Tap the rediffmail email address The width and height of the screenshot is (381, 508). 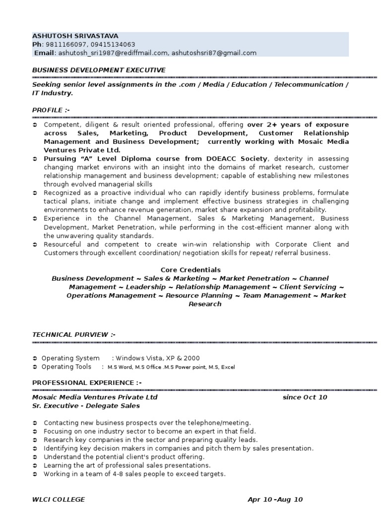point(113,53)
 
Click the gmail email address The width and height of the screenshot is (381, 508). point(214,53)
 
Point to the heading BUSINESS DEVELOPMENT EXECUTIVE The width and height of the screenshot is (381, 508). point(99,70)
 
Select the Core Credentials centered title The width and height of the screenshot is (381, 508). point(190,270)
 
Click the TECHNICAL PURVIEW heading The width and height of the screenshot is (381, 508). point(74,335)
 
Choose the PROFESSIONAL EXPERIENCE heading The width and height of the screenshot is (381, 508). point(87,382)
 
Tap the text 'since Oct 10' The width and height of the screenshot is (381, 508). point(305,397)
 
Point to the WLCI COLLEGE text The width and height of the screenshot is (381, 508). point(59,500)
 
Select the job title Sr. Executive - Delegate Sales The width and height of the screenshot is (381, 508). point(86,406)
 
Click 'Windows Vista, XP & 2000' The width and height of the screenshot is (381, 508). point(158,358)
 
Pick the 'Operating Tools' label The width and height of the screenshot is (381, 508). point(66,367)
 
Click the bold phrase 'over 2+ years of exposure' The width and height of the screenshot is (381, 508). point(298,125)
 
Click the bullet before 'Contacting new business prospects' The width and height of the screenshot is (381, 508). point(35,423)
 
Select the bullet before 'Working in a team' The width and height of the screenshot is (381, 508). point(35,474)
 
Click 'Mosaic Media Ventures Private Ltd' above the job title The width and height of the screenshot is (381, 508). point(95,397)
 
